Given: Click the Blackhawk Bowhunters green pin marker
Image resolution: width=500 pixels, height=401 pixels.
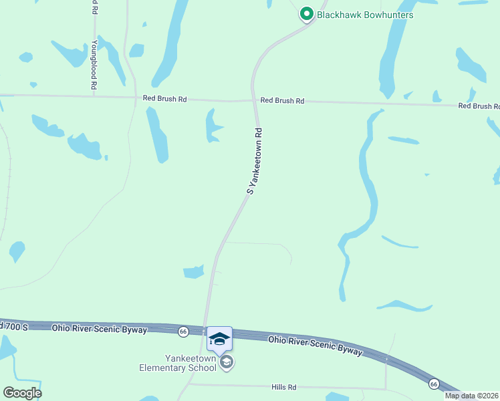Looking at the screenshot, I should [307, 14].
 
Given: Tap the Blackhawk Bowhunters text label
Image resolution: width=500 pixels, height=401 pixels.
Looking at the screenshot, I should [366, 15].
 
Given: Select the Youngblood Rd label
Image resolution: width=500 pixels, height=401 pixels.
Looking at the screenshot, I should [94, 65].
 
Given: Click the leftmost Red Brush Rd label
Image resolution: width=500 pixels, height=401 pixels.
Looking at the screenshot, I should [164, 99].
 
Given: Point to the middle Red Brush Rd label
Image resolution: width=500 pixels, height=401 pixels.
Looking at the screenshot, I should [282, 101].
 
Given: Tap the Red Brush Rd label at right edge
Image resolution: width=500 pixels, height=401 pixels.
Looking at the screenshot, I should [479, 106].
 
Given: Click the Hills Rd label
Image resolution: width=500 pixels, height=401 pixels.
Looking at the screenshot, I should [283, 387].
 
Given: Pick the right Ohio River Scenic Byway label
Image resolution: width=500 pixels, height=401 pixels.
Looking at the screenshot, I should [316, 345].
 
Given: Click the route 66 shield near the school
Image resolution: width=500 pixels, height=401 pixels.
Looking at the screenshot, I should [183, 331].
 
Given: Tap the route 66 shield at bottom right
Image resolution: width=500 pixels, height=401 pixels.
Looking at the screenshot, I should [434, 384].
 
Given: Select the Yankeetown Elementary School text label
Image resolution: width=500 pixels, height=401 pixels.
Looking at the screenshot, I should [178, 363].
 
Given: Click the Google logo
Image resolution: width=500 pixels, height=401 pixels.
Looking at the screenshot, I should [22, 392].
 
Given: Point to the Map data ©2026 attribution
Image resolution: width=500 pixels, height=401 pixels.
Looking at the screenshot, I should [472, 396].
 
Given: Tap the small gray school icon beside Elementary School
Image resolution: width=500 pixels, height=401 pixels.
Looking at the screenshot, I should [227, 362].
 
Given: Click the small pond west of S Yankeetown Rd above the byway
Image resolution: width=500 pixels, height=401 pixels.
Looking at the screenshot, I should [194, 271].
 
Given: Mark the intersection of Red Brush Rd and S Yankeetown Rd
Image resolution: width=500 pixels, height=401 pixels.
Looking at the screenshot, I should [255, 102].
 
